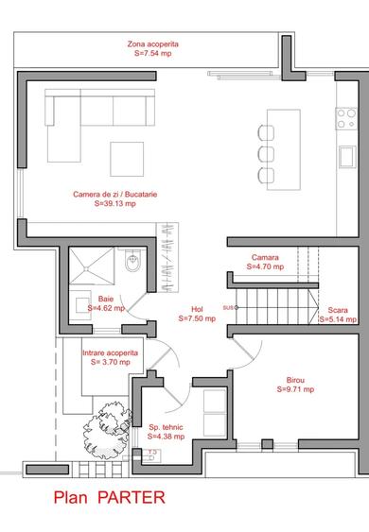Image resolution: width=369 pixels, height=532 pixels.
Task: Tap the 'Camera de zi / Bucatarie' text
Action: (x=115, y=195)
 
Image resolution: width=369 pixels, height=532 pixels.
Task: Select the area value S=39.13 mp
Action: (x=115, y=203)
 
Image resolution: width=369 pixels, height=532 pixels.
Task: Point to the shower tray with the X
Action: (x=92, y=265)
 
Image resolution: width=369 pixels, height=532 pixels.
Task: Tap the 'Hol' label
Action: (x=197, y=309)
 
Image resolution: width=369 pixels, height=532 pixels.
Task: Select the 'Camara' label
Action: (x=265, y=257)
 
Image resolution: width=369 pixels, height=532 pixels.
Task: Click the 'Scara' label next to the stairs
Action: (x=338, y=310)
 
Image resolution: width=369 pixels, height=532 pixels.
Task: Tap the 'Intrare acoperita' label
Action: (x=110, y=352)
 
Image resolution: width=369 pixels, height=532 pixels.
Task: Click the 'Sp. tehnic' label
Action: (x=166, y=427)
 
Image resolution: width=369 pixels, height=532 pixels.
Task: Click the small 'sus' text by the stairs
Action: (x=226, y=308)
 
